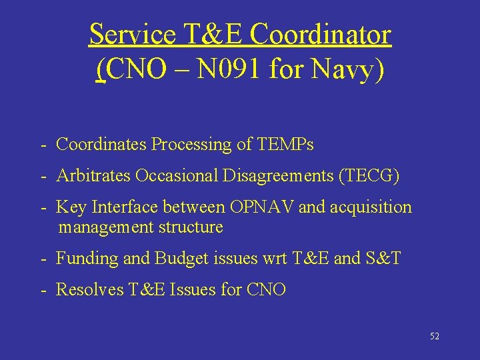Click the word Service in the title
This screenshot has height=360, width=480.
[x=131, y=35]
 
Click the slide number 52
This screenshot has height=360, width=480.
[x=435, y=337]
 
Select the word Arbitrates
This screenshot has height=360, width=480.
[x=93, y=176]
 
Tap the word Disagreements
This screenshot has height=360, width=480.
[x=278, y=176]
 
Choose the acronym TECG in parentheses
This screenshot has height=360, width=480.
[x=369, y=176]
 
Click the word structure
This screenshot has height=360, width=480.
[x=191, y=227]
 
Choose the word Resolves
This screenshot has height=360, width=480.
[x=87, y=289]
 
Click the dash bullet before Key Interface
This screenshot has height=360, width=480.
[x=42, y=207]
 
